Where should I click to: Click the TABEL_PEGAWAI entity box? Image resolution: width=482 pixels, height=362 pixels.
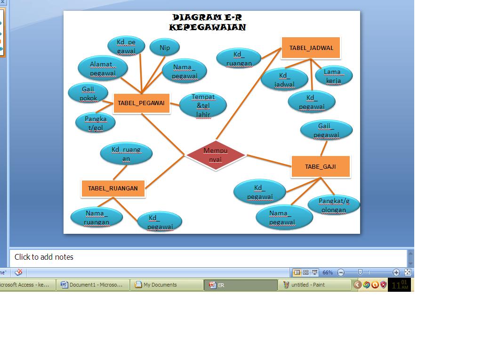coord(141,103)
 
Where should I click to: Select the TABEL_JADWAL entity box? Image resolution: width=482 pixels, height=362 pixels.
coord(311,48)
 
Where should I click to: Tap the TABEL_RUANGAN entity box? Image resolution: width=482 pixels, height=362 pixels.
coord(113,188)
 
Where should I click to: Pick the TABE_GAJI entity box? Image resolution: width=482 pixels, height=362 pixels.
coord(321,166)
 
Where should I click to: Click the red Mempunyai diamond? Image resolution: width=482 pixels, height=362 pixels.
coord(216,155)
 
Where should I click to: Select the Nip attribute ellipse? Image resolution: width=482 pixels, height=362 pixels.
coord(165,48)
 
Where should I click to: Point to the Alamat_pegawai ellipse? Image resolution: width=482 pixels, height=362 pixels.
coord(103,68)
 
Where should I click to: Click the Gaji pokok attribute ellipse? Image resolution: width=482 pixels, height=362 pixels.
coord(88,93)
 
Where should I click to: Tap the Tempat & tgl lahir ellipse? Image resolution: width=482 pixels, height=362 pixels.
coord(203,105)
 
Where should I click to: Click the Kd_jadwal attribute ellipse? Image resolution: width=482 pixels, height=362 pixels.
coord(284,80)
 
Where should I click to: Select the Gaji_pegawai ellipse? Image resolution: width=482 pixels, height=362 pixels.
coord(326,130)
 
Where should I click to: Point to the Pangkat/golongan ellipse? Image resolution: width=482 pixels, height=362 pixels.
coord(334,205)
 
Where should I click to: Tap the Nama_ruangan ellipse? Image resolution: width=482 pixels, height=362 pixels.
coord(97,217)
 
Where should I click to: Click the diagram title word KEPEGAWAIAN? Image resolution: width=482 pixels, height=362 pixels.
coord(207,27)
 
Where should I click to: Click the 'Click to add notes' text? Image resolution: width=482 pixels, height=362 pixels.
coord(44,257)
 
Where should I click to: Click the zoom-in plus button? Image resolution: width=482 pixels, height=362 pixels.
coord(396,272)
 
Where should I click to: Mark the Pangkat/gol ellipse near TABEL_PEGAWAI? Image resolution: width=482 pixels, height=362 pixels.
coord(96,123)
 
